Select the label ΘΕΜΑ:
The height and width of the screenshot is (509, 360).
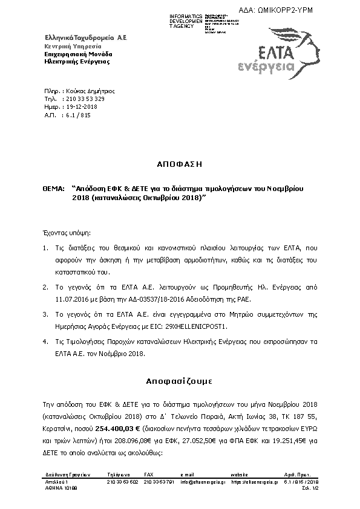(x=53, y=189)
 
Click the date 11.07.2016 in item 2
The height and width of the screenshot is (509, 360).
(x=71, y=299)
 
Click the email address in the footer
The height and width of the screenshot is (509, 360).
(x=206, y=482)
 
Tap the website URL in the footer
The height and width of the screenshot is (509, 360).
(x=253, y=482)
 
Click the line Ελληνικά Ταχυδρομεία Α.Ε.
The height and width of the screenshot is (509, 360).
(x=85, y=37)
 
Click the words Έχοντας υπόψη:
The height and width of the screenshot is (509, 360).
(x=62, y=232)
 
